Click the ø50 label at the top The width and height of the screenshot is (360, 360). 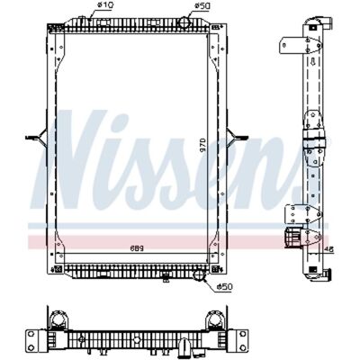202,5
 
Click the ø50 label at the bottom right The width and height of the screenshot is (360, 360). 225,287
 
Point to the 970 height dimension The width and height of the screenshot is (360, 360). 202,145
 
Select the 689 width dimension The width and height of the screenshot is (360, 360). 137,248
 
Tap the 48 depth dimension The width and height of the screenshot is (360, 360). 328,249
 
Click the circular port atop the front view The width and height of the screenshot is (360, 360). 184,22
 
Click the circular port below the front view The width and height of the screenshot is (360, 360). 199,274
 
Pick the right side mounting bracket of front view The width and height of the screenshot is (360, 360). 238,138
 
